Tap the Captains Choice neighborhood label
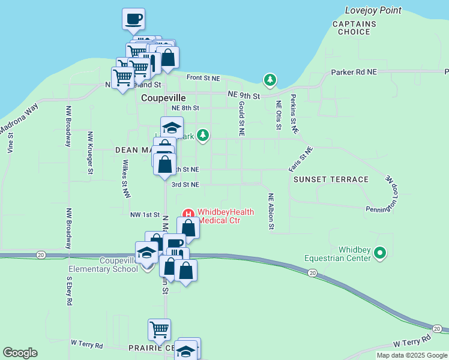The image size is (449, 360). (x=354, y=28)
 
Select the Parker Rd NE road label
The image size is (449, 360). (x=354, y=72)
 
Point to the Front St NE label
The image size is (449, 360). (x=203, y=78)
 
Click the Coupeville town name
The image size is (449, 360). (x=163, y=98)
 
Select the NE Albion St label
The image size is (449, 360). (x=271, y=211)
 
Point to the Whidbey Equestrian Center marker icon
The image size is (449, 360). (x=379, y=254)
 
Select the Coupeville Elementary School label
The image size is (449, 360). (x=103, y=265)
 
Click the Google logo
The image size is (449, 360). (x=20, y=353)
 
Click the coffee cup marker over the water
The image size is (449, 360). (x=133, y=18)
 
